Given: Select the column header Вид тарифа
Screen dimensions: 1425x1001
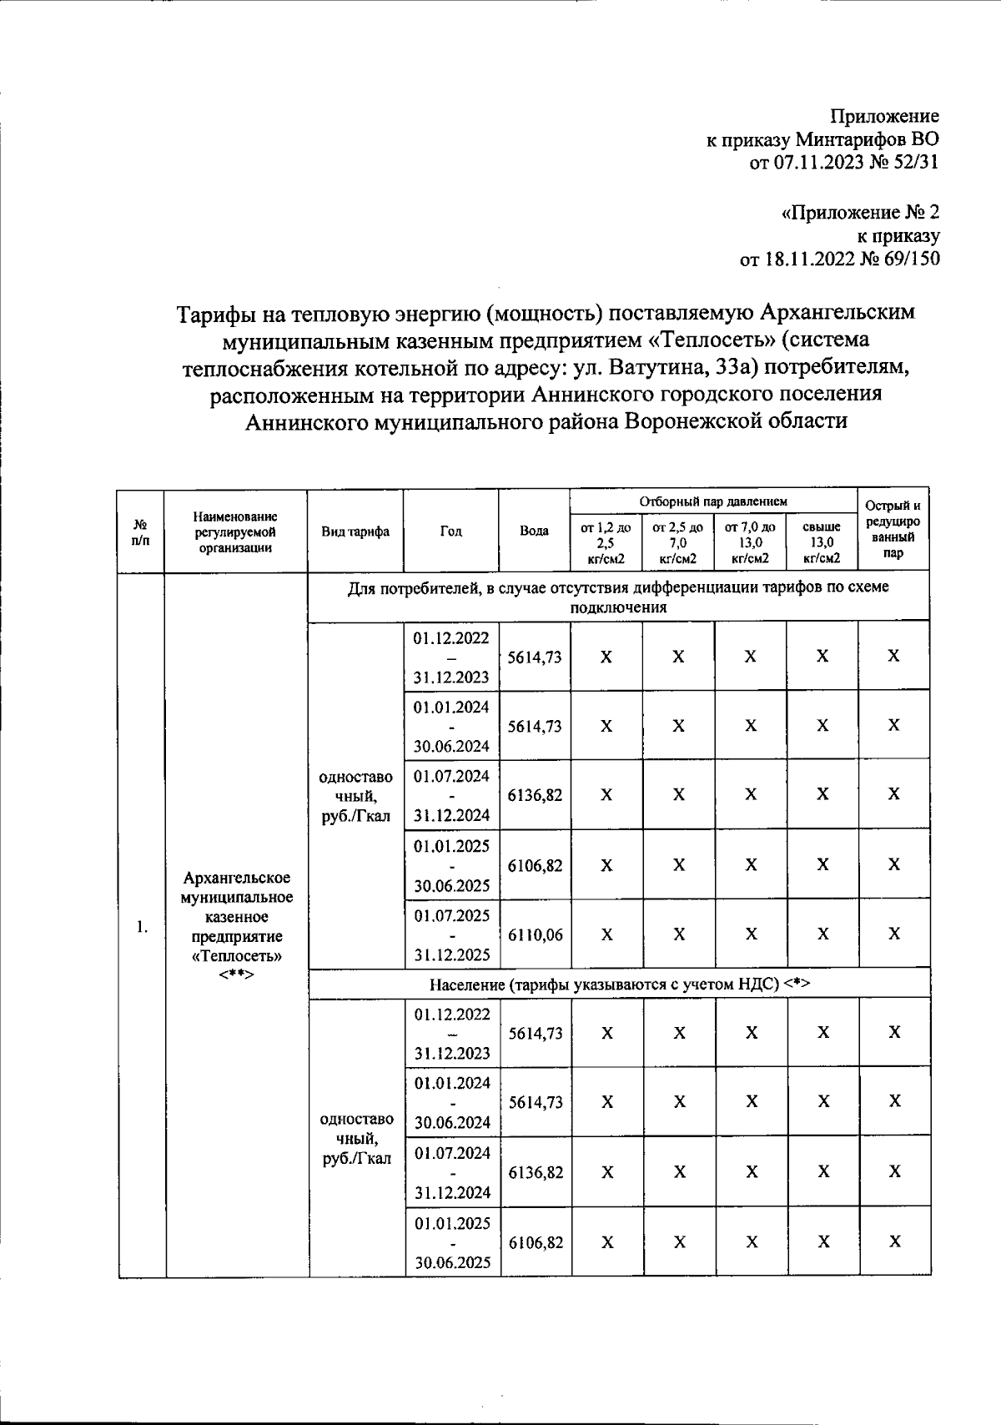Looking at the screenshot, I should pyautogui.click(x=356, y=531).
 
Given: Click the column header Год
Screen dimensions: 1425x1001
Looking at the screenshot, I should pyautogui.click(x=451, y=531).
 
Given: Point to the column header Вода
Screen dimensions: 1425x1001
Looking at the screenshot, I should pyautogui.click(x=534, y=531).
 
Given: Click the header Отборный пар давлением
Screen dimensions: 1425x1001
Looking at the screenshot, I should pyautogui.click(x=713, y=501).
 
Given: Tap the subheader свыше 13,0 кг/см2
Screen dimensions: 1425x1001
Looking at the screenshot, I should pyautogui.click(x=822, y=543).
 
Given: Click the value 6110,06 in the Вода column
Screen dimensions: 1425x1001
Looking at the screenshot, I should pyautogui.click(x=534, y=935).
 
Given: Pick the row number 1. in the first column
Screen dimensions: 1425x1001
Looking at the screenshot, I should pyautogui.click(x=142, y=926).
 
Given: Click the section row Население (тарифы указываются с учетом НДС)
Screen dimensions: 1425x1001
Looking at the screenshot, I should pyautogui.click(x=620, y=984).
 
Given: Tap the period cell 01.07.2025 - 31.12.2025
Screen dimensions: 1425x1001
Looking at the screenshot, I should pyautogui.click(x=451, y=935).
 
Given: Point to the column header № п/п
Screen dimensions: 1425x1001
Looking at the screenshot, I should pyautogui.click(x=141, y=531).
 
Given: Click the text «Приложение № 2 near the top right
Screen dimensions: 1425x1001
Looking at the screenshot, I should pyautogui.click(x=860, y=212).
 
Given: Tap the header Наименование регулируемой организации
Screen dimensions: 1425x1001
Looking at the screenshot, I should pyautogui.click(x=236, y=532).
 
